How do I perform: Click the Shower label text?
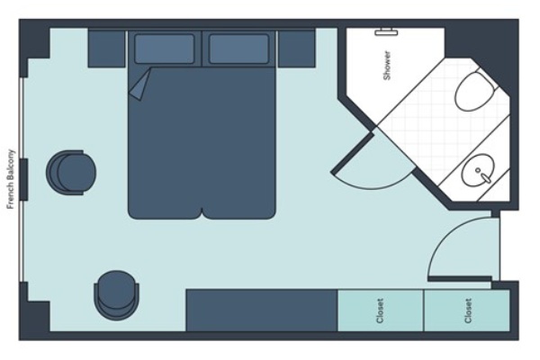(x=387, y=66)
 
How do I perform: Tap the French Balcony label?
(x=11, y=179)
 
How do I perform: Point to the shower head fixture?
(x=386, y=32)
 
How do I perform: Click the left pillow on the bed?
(x=165, y=49)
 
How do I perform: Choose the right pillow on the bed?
(x=239, y=49)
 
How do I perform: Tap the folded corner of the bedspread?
(x=139, y=85)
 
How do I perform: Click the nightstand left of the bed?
(x=106, y=49)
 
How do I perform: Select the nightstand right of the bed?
(x=296, y=49)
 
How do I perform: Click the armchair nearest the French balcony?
(x=71, y=173)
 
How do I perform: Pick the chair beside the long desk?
(x=116, y=295)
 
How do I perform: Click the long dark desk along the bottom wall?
(x=261, y=310)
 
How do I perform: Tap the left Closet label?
(x=380, y=310)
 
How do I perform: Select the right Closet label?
(x=468, y=310)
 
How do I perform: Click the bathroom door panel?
(x=353, y=153)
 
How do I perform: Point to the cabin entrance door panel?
(x=460, y=278)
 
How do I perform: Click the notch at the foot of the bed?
(x=202, y=213)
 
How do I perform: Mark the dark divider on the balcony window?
(x=23, y=179)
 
